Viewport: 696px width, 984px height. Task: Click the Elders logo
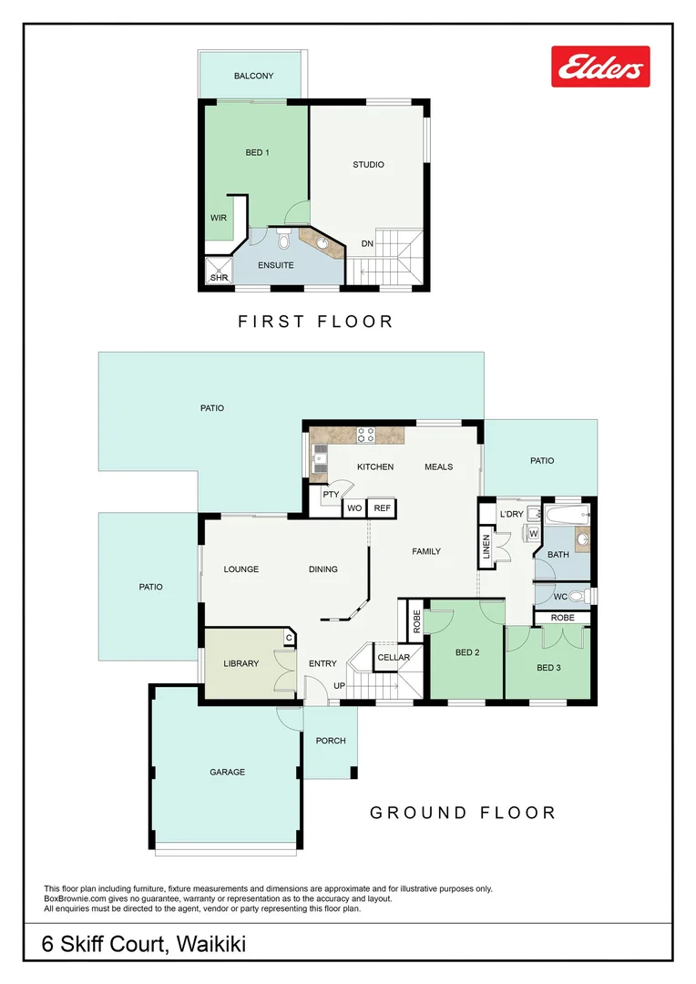coord(600,67)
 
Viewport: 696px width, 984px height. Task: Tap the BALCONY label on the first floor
coord(253,77)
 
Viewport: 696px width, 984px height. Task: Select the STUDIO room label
coord(368,165)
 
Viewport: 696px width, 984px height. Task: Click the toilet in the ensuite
coord(282,240)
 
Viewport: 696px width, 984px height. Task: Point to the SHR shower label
coord(219,277)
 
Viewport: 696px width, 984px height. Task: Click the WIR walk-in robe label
coord(219,219)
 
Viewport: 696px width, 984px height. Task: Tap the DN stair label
coord(367,243)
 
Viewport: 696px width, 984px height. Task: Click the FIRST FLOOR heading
coord(315,322)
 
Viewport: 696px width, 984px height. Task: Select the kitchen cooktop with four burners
coord(366,435)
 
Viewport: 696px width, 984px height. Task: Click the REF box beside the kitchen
coord(383,508)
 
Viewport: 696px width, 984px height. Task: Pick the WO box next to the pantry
coord(353,508)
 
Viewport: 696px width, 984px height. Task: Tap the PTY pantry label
coord(330,495)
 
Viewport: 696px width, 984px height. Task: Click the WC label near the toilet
coord(560,597)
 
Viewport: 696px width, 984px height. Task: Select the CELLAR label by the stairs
coord(394,657)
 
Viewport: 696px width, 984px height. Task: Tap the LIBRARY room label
coord(241,663)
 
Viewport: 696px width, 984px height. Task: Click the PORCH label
coord(331,741)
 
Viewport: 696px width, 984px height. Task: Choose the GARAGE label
coord(227,772)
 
